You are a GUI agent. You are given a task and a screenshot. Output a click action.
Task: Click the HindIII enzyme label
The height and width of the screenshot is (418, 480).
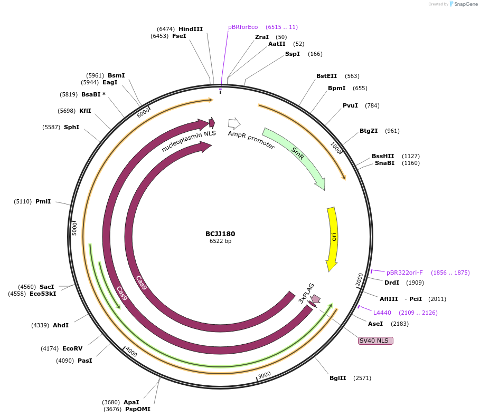pos(190,29)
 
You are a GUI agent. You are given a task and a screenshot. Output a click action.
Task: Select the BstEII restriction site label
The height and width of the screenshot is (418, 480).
pos(327,76)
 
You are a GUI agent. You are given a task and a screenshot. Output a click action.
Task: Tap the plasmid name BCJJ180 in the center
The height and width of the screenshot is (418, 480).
pos(220,234)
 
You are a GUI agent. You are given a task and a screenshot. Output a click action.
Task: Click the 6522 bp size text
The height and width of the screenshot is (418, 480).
pos(220,241)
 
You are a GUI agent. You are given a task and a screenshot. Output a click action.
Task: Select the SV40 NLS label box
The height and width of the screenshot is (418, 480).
pos(375,341)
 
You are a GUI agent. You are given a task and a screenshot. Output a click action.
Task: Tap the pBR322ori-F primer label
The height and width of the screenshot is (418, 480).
pos(404,273)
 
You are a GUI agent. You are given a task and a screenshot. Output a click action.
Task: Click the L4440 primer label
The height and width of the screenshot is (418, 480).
pos(382,313)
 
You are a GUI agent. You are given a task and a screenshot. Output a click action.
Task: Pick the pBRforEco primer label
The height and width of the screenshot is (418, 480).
pos(243,27)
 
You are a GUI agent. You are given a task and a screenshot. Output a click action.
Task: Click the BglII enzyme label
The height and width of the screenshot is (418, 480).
pos(337,378)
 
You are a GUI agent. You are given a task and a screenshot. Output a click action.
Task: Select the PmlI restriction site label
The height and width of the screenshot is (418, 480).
pos(43,201)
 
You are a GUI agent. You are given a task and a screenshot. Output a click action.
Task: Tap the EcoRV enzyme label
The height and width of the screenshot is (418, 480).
pos(72,348)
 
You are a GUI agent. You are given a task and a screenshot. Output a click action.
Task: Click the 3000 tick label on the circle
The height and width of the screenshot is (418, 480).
pos(264,375)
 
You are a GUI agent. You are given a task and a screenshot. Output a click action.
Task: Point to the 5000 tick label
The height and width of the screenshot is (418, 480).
pos(74,229)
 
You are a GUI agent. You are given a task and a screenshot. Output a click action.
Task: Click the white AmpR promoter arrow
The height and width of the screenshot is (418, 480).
pos(234,123)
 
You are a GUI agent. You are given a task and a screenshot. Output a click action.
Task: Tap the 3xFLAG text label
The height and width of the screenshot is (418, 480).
pos(306,293)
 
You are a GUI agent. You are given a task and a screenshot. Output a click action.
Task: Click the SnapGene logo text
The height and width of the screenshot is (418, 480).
pos(466,4)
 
